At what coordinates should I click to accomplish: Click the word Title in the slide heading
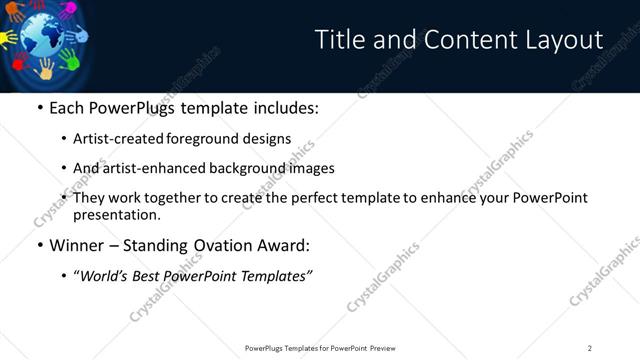340,40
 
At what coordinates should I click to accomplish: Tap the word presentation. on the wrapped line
116,214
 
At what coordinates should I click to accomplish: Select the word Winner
77,245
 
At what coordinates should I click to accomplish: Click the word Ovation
222,245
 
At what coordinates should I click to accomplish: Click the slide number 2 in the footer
590,348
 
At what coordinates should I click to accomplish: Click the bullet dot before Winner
39,245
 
